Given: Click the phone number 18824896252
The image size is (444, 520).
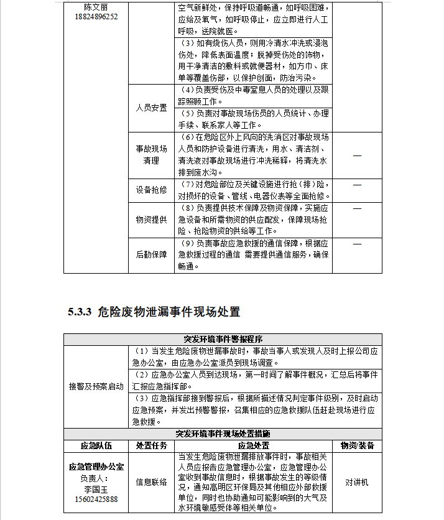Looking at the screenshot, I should pos(96,17).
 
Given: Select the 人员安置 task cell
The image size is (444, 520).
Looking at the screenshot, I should pos(151,108).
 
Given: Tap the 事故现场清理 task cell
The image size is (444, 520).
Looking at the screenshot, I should pos(151,155).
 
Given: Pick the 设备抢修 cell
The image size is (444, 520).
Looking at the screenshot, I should pos(151,190).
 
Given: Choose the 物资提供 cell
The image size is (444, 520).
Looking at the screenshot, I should pos(151,220).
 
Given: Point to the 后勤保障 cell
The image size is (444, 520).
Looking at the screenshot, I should pos(151,254).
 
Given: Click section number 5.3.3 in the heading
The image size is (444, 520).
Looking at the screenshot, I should pos(80,312).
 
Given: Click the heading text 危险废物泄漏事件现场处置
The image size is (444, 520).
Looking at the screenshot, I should pos(169,312).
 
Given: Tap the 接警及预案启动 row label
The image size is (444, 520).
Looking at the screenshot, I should pos(96,386).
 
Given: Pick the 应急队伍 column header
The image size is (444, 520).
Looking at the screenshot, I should pos(96,445).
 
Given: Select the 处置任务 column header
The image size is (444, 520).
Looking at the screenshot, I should pos(151,445).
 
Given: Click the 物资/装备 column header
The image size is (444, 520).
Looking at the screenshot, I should pos(357,445).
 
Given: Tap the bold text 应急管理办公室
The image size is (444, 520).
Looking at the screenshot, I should pos(96,466).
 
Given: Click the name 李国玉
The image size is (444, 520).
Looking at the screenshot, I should pos(96,489).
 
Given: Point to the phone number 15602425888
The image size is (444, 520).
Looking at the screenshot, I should pos(96,499).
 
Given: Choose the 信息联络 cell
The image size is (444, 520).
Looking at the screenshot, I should pos(151,481).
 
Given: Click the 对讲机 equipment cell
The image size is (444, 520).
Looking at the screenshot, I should pos(357,481).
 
